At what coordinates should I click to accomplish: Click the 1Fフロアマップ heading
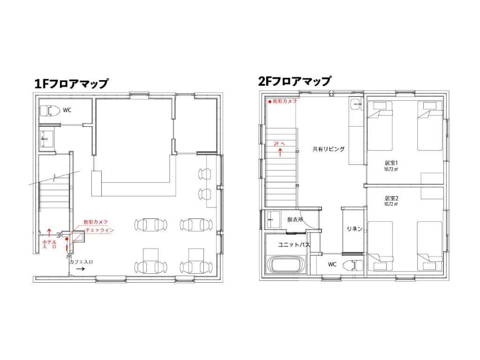[x=71, y=83]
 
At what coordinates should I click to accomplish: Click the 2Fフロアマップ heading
[x=294, y=81]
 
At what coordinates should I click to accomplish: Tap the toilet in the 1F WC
[x=50, y=111]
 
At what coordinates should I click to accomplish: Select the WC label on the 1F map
[x=67, y=110]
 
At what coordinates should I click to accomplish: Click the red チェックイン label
[x=99, y=230]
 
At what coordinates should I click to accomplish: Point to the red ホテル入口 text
[x=50, y=244]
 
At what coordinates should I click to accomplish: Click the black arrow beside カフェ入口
[x=81, y=269]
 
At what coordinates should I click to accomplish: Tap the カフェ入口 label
[x=81, y=262]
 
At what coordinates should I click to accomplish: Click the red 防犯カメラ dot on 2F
[x=270, y=102]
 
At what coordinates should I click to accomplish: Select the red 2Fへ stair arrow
[x=280, y=152]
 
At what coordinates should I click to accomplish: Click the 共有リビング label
[x=328, y=149]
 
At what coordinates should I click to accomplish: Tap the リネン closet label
[x=354, y=229]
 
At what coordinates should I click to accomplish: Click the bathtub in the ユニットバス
[x=287, y=264]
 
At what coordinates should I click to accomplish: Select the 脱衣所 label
[x=295, y=219]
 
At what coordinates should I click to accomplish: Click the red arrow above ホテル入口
[x=49, y=232]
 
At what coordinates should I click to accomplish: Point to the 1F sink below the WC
[x=46, y=139]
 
